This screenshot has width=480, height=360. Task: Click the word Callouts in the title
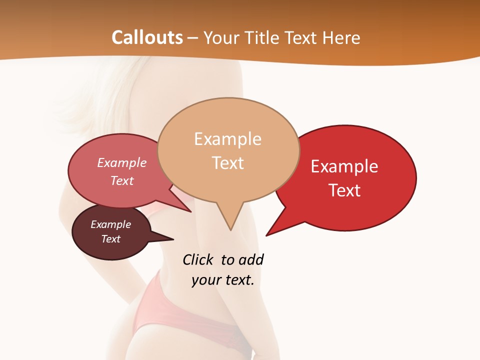pos(147,37)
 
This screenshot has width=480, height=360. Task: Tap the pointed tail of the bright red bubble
pos(270,232)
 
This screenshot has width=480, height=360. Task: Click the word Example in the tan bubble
pos(227,138)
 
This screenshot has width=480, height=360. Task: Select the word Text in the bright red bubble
pos(344,190)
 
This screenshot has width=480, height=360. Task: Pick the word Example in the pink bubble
pos(122,162)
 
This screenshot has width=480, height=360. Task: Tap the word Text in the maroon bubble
pos(111,239)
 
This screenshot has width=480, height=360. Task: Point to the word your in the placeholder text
pos(206,280)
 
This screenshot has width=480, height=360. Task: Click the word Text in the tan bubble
pos(227,162)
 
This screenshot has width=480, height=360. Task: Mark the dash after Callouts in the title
pos(193,38)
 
